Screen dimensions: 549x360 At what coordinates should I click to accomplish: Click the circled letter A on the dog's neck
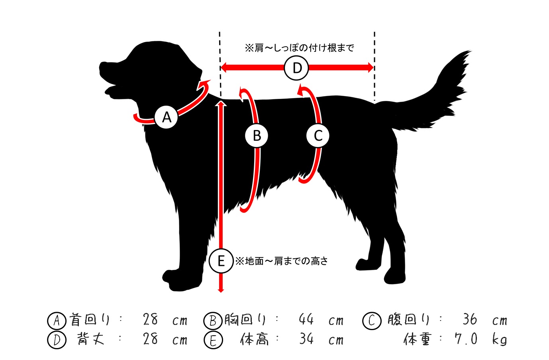pos(166,117)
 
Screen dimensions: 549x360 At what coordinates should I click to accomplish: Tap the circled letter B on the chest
pos(257,136)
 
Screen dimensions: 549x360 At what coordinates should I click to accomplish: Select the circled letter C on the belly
pos(318,136)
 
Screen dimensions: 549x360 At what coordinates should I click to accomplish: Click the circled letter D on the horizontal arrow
pos(296,68)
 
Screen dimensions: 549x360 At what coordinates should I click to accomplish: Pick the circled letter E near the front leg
pos(221,261)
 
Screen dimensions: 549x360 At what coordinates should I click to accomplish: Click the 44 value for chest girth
pos(306,319)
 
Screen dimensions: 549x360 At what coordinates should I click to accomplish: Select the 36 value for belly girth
pos(470,319)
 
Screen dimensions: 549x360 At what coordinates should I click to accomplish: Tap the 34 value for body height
pos(306,339)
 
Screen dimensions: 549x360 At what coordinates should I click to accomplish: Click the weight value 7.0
pos(466,339)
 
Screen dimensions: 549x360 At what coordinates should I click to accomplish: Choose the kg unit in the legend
pos(500,340)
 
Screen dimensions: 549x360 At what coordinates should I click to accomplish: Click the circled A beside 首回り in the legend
pos(57,321)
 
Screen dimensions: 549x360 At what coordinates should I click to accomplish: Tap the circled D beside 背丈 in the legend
pos(57,340)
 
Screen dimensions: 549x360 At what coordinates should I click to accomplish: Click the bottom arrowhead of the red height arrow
pos(221,290)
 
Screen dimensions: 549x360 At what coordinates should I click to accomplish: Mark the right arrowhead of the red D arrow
pos(371,67)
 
